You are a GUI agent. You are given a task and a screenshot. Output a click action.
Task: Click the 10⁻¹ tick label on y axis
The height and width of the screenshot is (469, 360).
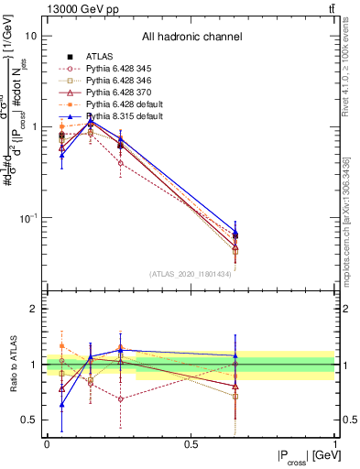pyautogui.click(x=27, y=218)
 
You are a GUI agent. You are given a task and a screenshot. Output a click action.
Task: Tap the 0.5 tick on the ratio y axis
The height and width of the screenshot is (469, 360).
pyautogui.click(x=27, y=420)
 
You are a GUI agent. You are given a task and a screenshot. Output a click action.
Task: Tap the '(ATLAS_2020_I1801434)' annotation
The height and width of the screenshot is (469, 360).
pyautogui.click(x=191, y=274)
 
